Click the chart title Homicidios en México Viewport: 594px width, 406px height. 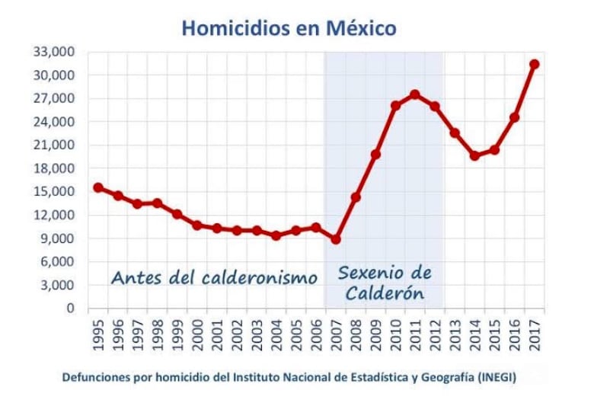(289, 29)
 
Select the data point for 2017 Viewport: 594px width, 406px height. (534, 64)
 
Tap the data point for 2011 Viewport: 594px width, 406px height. (415, 95)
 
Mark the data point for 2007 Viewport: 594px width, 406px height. (336, 239)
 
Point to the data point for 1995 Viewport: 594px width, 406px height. (98, 187)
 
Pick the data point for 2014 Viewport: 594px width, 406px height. (474, 155)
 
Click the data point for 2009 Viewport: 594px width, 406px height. (375, 155)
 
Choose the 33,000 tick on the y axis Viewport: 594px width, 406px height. (53, 52)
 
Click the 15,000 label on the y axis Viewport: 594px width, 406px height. (53, 192)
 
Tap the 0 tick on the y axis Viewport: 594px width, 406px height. (70, 308)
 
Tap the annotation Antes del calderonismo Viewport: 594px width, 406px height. (214, 277)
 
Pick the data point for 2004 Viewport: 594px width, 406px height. (276, 235)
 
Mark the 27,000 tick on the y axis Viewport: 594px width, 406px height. (53, 98)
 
